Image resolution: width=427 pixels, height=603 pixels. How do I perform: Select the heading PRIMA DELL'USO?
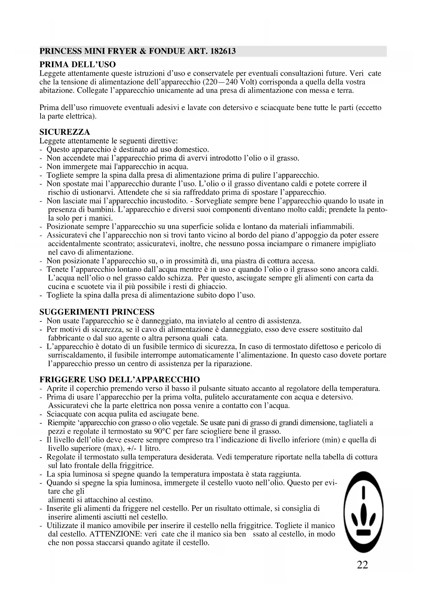pyautogui.click(x=78, y=65)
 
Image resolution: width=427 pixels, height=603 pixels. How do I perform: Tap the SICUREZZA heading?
pyautogui.click(x=65, y=132)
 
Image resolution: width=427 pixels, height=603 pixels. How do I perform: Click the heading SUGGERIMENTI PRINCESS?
pyautogui.click(x=97, y=312)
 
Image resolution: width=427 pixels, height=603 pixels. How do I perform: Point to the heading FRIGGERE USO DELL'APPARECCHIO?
pyautogui.click(x=120, y=380)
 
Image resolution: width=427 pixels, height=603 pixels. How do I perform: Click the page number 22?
pyautogui.click(x=363, y=565)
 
